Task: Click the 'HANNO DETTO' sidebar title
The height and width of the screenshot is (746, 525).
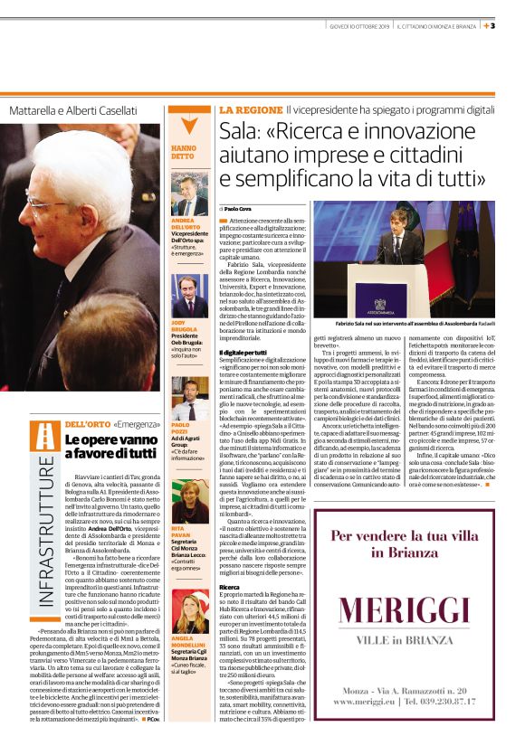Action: (184, 152)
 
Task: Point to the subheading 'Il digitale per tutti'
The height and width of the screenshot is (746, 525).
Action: (244, 351)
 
